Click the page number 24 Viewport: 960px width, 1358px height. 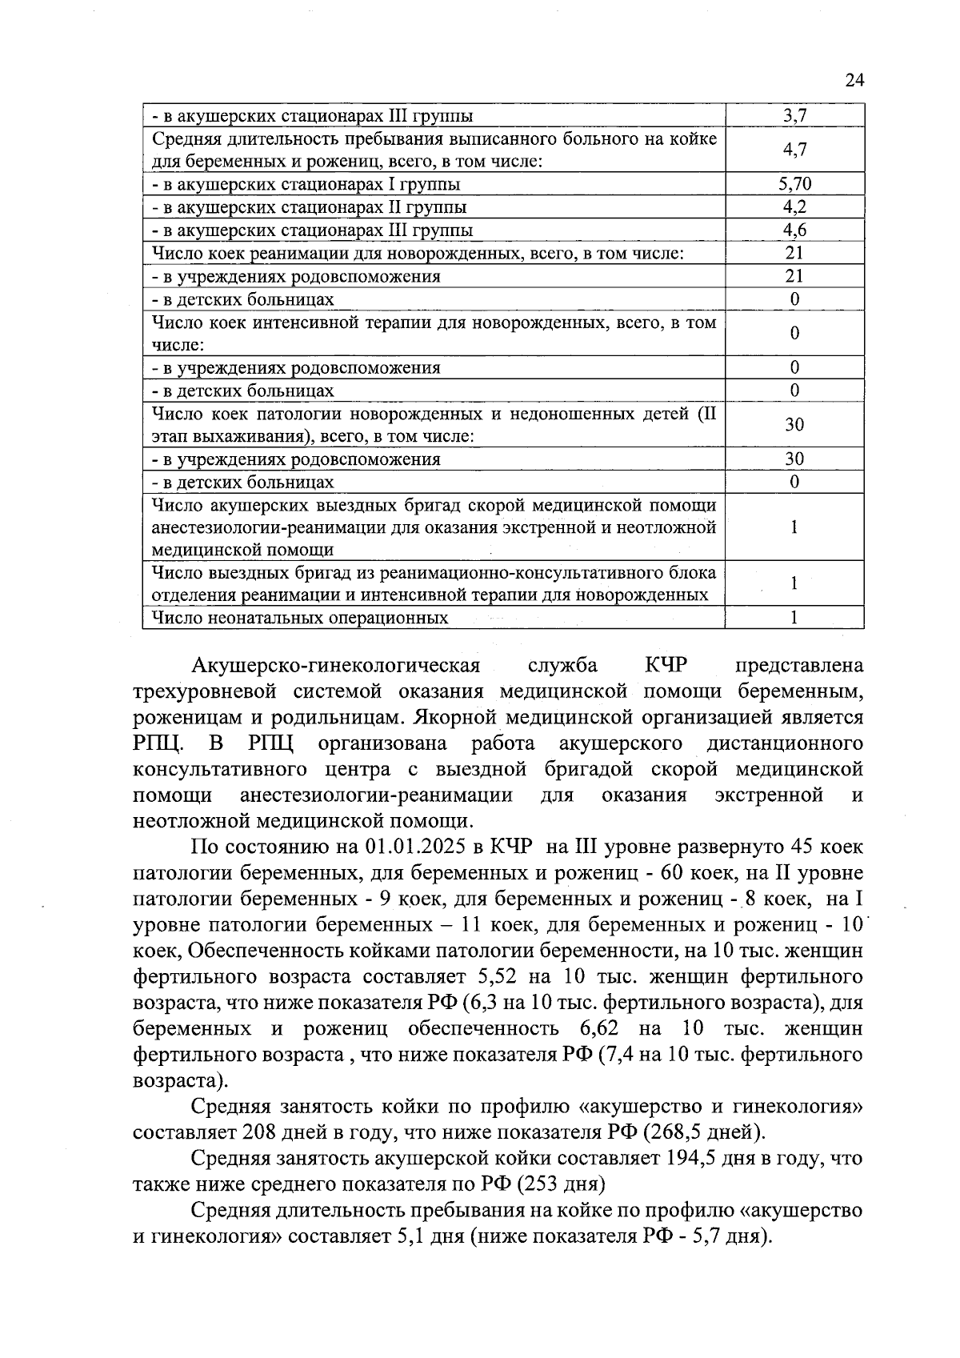click(854, 80)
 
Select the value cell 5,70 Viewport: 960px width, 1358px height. click(794, 184)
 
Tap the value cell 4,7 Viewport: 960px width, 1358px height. click(794, 150)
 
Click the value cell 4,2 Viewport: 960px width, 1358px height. click(794, 207)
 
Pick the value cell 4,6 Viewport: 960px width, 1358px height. click(794, 230)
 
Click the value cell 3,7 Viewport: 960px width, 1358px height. click(794, 115)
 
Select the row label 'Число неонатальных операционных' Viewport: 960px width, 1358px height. click(300, 618)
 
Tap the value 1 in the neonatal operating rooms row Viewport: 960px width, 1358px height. click(794, 617)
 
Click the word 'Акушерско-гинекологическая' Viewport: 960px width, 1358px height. click(336, 666)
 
